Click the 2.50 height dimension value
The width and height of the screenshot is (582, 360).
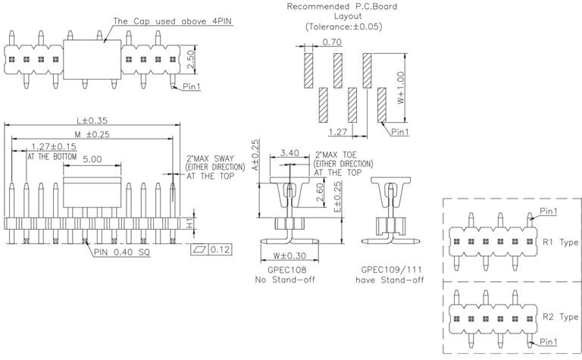pos(192,58)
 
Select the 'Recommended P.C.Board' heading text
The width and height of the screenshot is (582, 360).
pos(343,7)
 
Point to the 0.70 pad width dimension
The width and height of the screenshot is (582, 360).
pos(330,42)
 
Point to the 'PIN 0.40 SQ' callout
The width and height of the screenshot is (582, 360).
pos(122,252)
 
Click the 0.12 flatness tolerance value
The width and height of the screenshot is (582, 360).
pos(220,249)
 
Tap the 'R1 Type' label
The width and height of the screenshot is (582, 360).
pos(560,243)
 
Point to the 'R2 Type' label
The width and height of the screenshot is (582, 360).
pos(560,316)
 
